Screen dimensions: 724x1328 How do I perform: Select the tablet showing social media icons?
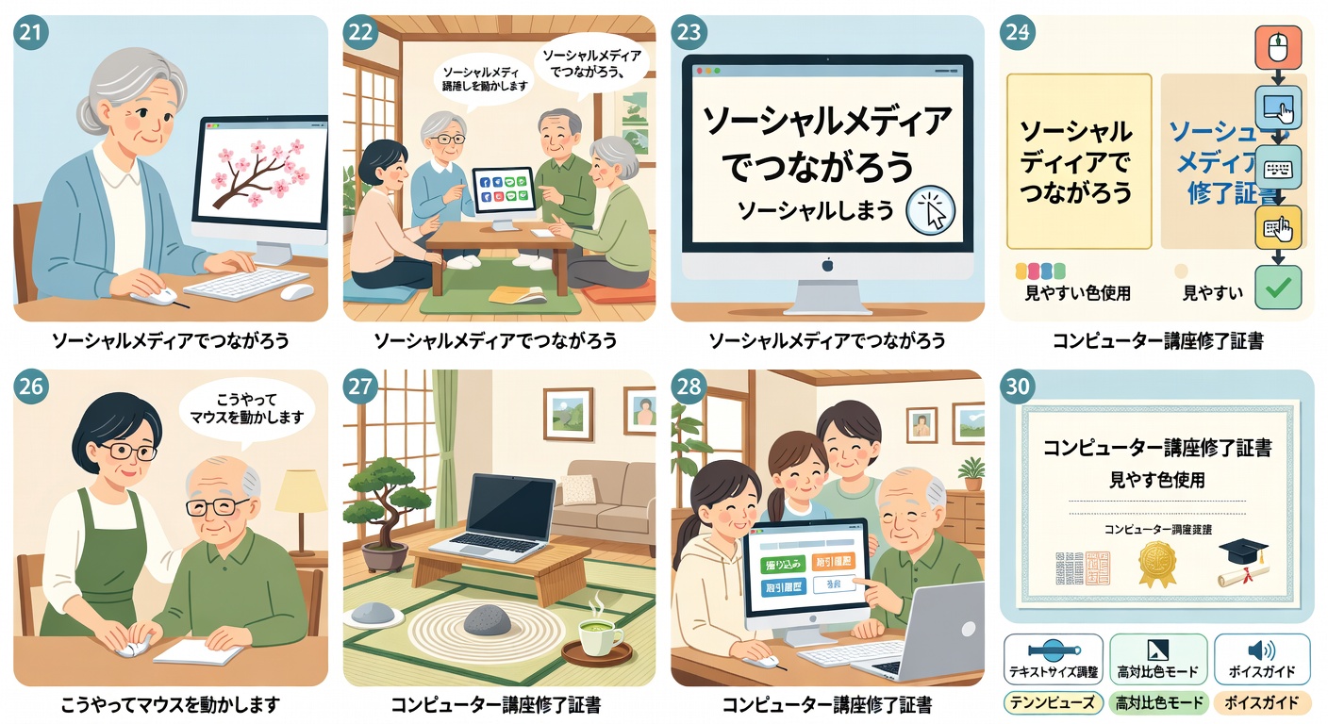[503, 198]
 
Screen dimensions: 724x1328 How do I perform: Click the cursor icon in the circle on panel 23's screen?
[931, 210]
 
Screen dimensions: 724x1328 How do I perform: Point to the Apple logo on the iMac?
[826, 265]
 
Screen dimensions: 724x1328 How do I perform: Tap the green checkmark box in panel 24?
[1278, 288]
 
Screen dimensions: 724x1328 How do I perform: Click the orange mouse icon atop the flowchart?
[1278, 47]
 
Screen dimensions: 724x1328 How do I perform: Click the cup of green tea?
[594, 636]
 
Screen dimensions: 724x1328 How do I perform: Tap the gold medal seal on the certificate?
[1156, 565]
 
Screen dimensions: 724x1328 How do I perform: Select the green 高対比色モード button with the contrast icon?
[1157, 659]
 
